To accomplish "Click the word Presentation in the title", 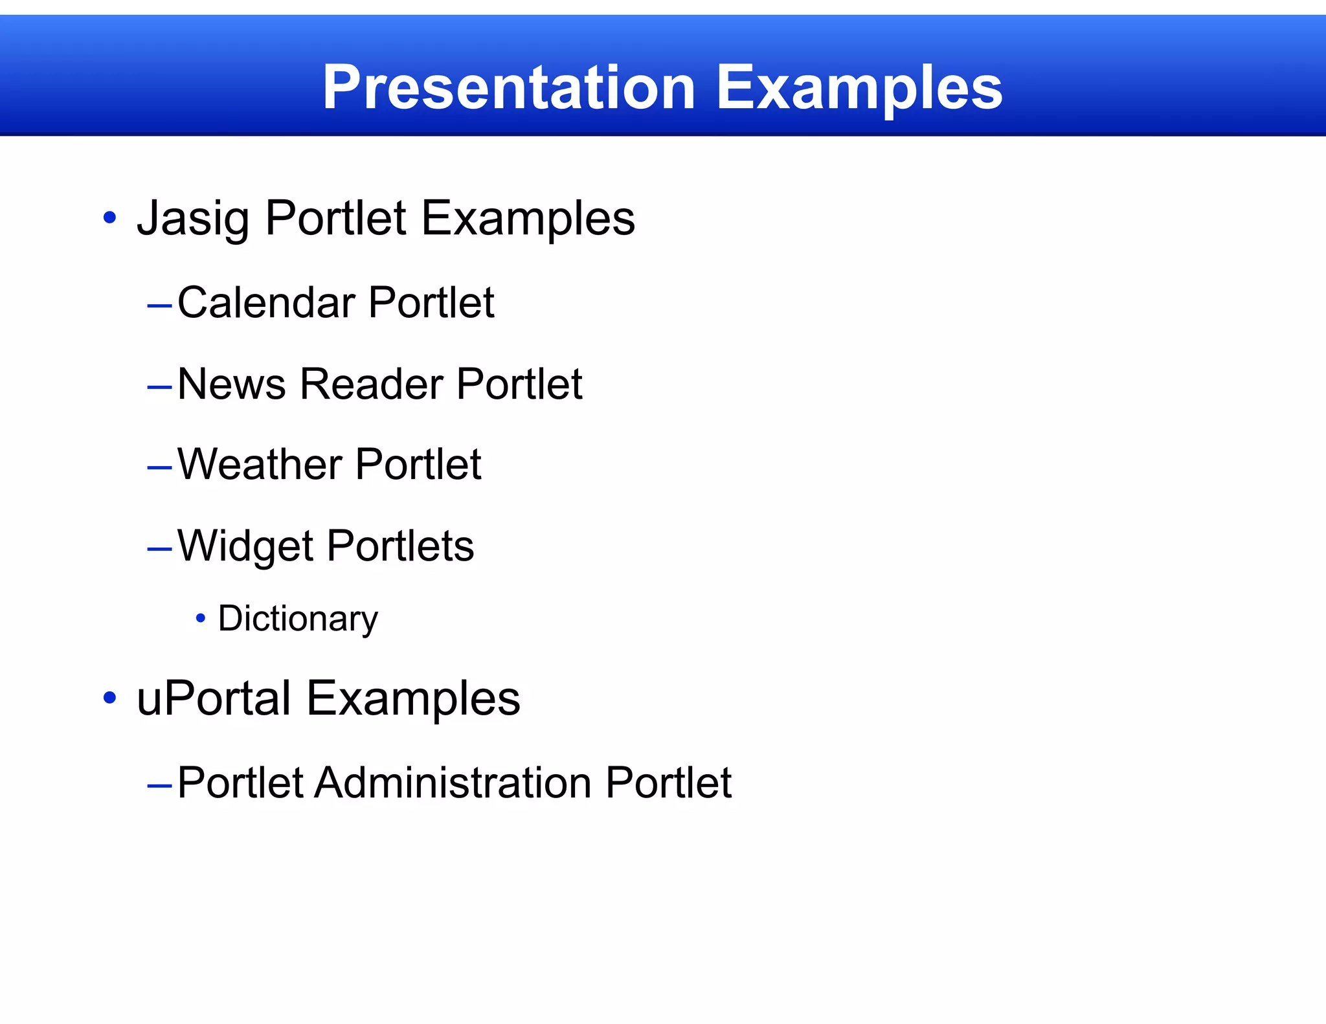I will (x=509, y=87).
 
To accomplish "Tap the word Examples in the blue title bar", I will (x=859, y=87).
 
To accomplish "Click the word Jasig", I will (x=193, y=218).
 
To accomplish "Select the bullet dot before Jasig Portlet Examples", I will (x=110, y=218).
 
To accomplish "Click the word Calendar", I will (x=266, y=302).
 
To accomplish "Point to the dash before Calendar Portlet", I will (x=159, y=304).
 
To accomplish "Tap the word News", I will (x=231, y=384).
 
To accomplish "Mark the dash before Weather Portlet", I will (x=159, y=467).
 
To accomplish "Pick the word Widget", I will (x=245, y=546).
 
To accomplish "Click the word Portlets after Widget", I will (x=400, y=546).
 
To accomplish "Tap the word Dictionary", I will (x=298, y=618).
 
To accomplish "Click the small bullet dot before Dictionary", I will (x=201, y=619).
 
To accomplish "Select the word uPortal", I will (x=214, y=698).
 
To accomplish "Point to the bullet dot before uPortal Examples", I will (x=110, y=698).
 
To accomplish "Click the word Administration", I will (x=453, y=783).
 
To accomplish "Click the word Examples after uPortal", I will (x=413, y=698).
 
